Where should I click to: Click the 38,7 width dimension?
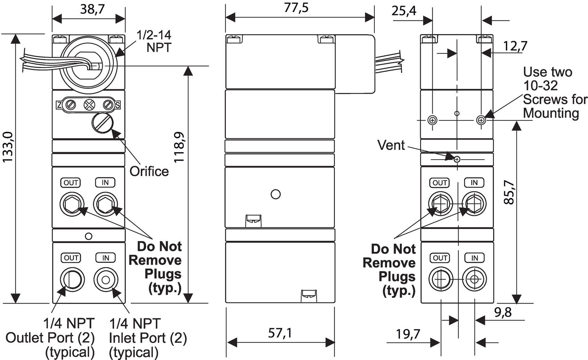coord(93,9)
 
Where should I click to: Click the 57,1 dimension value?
coord(280,333)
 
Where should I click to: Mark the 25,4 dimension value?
coord(404,11)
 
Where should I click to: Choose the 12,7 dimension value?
coord(515,46)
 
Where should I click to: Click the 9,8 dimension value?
coord(503,312)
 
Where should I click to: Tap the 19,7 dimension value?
coord(408,334)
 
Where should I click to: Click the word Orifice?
coord(149,171)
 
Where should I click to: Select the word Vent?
coord(391,145)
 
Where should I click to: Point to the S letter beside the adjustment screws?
coord(118,105)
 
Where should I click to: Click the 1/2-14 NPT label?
coord(154,41)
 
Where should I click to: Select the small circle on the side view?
coord(276,194)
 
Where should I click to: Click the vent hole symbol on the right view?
coord(457,159)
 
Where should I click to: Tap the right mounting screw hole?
coord(481,120)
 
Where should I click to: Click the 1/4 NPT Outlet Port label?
coord(50,337)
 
